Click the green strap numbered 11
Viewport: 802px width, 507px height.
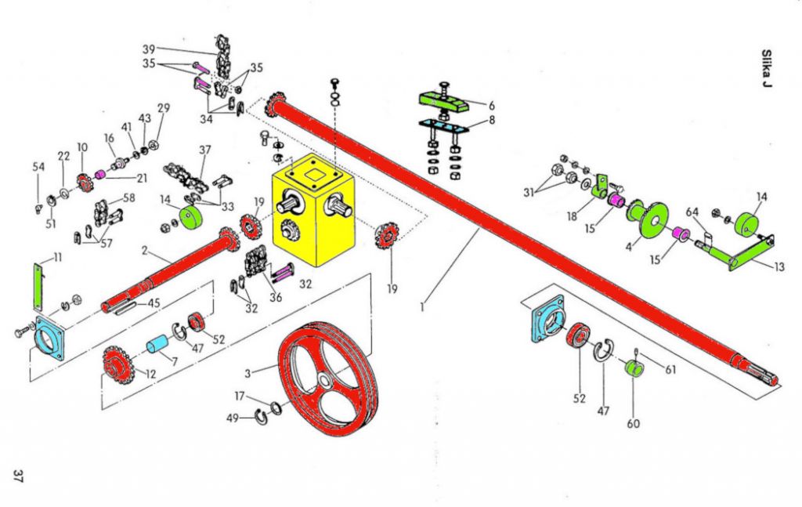pos(37,287)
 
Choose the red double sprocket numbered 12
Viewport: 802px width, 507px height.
pos(117,363)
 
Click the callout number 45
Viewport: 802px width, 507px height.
pos(154,304)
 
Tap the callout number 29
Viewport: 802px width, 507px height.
pos(163,108)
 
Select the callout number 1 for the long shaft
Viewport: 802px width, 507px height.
pos(421,307)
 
